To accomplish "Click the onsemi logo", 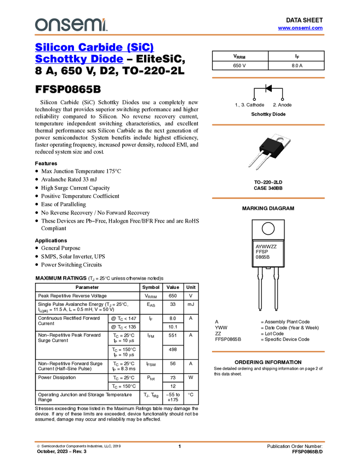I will pos(71,25).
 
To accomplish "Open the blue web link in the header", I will pos(300,28).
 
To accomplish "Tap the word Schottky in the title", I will pos(60,60).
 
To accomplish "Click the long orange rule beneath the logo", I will pos(180,35).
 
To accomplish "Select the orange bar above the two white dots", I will pos(268,78).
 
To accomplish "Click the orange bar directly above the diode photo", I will pos(268,125).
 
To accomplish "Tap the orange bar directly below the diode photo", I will pos(268,198).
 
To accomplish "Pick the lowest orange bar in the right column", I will pos(268,351).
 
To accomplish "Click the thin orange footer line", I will pos(180,441).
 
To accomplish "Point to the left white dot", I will pos(254,99).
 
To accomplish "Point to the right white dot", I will pos(282,99).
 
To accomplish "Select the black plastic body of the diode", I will pos(269,145).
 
